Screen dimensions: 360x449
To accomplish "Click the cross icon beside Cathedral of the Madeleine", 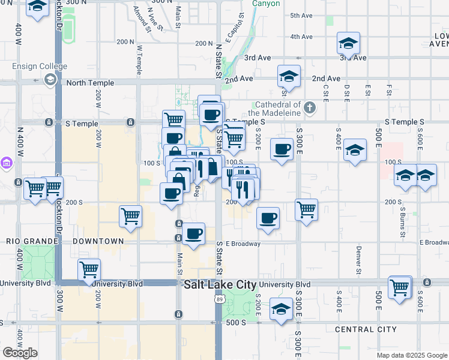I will tap(309, 108).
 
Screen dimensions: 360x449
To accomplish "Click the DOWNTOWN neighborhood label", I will tap(98, 241).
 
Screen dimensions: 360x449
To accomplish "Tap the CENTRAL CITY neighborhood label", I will tap(366, 329).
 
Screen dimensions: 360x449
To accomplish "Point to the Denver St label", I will tap(358, 253).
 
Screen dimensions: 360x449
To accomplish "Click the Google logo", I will tap(20, 353).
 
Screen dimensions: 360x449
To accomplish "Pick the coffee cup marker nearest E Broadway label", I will tap(193, 234).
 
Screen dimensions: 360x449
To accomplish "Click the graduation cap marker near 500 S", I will tap(280, 309).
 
